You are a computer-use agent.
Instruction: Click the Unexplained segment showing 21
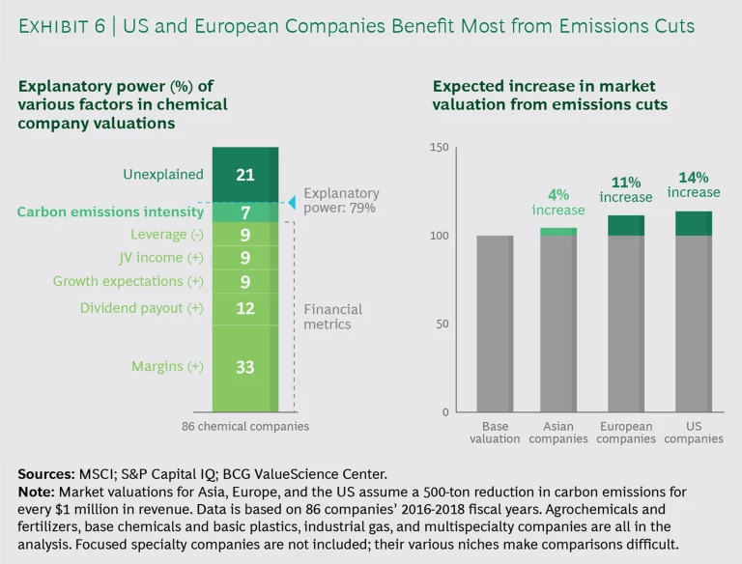tap(244, 175)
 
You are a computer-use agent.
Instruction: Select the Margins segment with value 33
tap(244, 366)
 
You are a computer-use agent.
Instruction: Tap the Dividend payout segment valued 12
tap(244, 308)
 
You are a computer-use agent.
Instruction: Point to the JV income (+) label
tap(146, 258)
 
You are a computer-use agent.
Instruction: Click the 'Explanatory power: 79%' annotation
tap(341, 200)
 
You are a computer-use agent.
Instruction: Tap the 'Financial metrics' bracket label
tap(333, 316)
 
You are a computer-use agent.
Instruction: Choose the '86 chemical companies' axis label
tap(245, 426)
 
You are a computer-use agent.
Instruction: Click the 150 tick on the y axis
tap(440, 148)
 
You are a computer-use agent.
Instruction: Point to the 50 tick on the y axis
tap(443, 324)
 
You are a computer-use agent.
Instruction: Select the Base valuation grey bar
tap(495, 324)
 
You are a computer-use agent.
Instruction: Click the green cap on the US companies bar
tap(693, 223)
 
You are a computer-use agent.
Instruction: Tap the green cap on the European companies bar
tap(626, 225)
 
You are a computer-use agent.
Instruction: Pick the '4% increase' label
tap(558, 203)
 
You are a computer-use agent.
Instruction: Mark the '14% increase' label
tap(694, 184)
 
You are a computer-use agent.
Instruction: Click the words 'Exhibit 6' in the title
tap(61, 26)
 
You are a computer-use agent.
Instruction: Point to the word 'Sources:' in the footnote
tap(47, 474)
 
